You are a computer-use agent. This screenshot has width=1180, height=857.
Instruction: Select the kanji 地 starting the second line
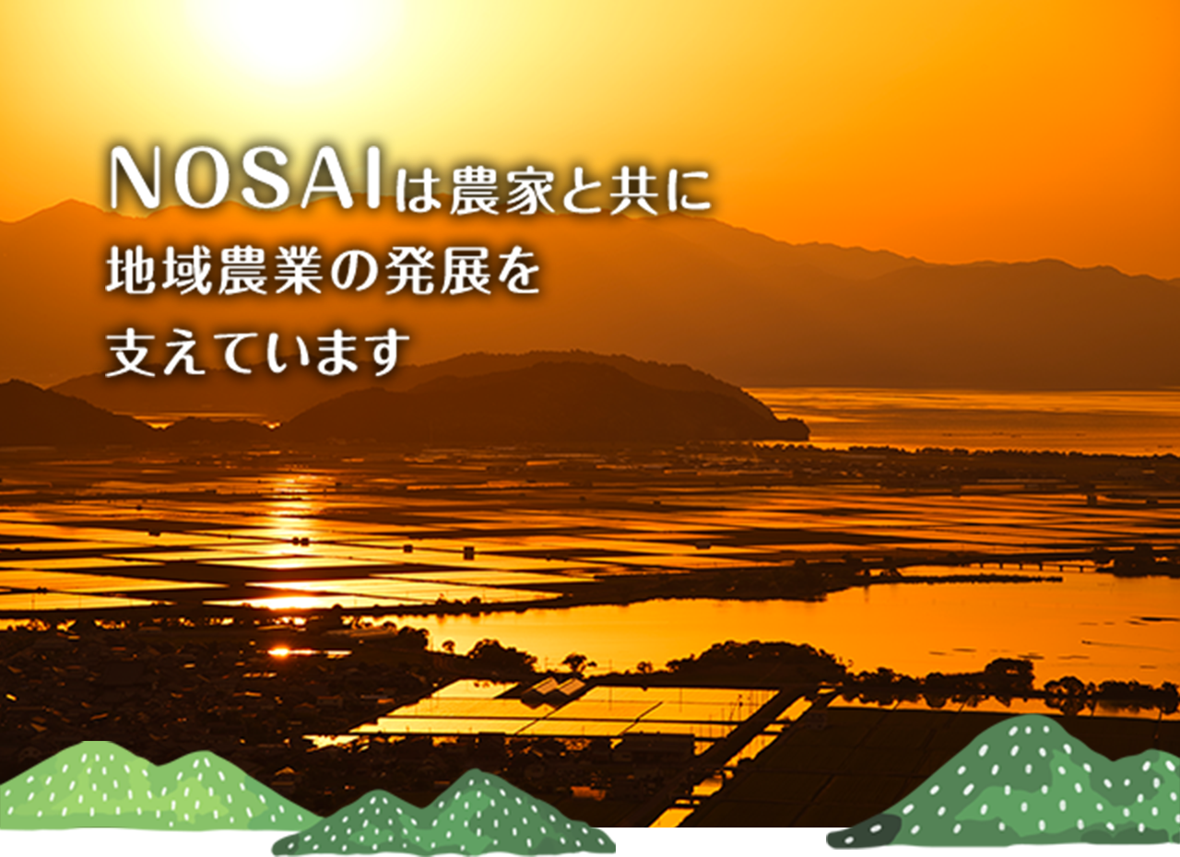[131, 270]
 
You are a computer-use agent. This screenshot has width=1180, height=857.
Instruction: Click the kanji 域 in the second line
[185, 270]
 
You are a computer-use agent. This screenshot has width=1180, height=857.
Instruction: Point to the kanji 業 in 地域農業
[296, 270]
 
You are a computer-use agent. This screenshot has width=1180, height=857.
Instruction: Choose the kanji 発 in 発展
[407, 270]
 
